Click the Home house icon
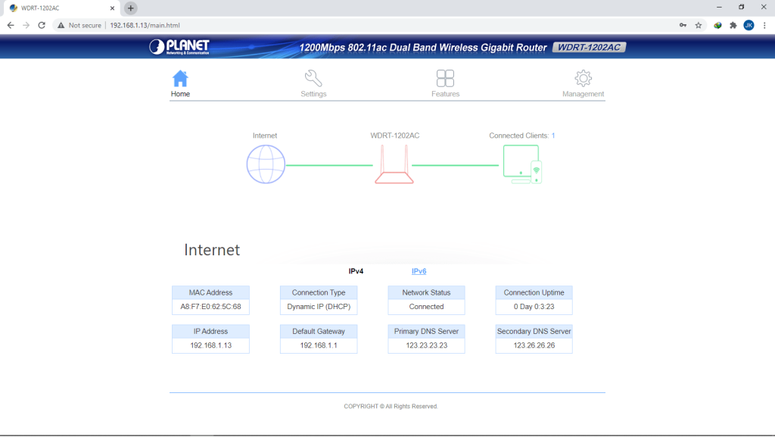tap(180, 79)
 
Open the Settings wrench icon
tap(313, 78)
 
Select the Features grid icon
tap(445, 78)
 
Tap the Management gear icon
tap(584, 78)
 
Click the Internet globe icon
tap(266, 164)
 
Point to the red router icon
tap(394, 164)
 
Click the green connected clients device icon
tap(522, 164)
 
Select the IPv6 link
tap(419, 271)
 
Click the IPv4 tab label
tap(356, 271)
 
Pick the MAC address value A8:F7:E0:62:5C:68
tap(210, 307)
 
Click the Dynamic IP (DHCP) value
tap(319, 307)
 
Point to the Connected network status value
tap(427, 307)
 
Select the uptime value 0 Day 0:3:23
tap(534, 307)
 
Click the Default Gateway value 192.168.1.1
tap(319, 345)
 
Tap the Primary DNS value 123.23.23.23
tap(427, 345)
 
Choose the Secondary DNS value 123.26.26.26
tap(534, 345)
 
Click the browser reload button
tap(42, 25)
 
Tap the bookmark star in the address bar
tap(699, 25)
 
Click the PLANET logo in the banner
tap(179, 47)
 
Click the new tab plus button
tap(130, 8)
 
